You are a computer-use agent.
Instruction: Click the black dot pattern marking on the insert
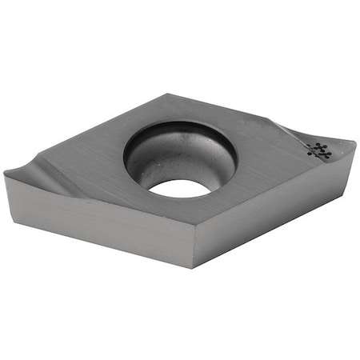tap(318, 150)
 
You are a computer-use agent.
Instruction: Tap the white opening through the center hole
tap(178, 189)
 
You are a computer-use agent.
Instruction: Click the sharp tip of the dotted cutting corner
tap(354, 145)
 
